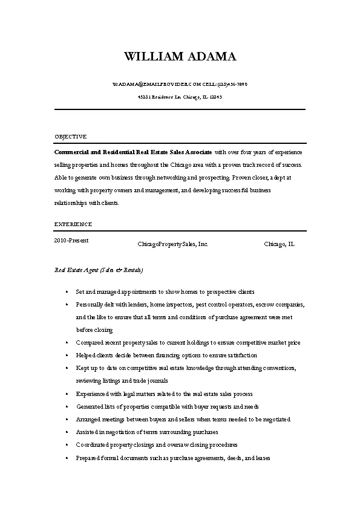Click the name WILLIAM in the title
coord(151,57)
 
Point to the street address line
coord(180,97)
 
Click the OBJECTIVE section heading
coord(71,137)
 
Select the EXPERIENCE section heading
coord(73,224)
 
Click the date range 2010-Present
coord(71,240)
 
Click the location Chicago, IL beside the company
coord(280,244)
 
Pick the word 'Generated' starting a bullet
coord(88,407)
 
